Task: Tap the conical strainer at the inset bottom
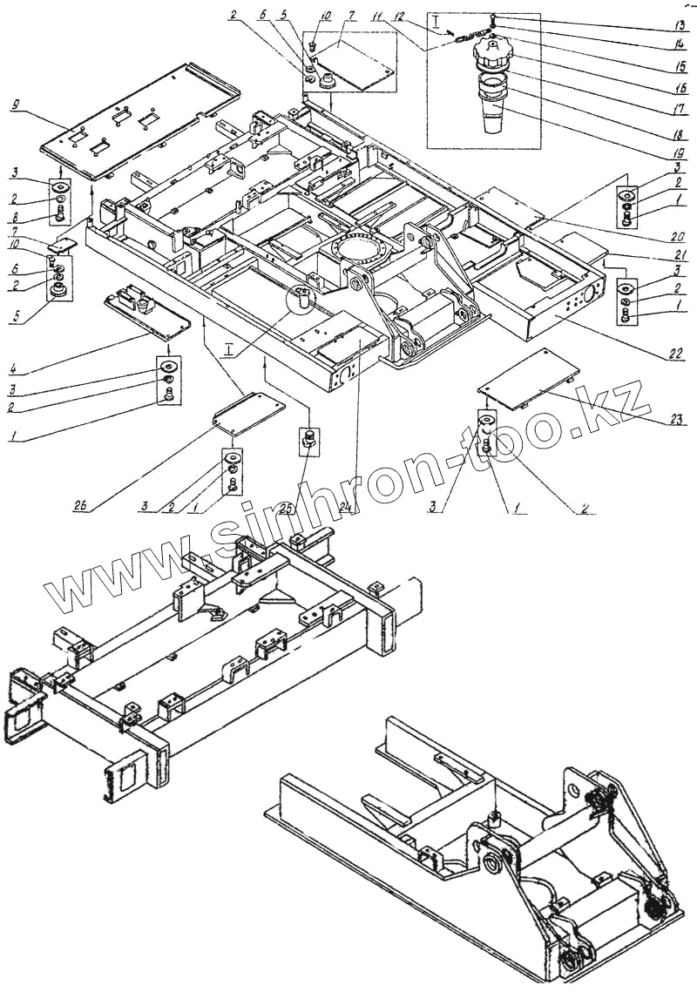[x=493, y=118]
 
